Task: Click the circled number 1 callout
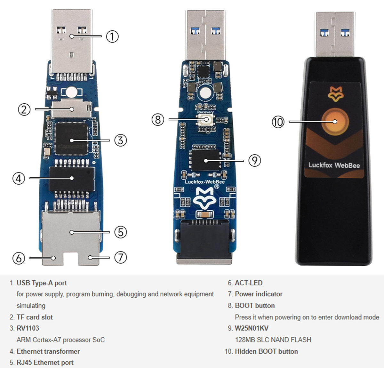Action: point(112,36)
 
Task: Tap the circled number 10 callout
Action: point(278,122)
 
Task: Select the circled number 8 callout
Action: point(157,120)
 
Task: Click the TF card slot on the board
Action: point(71,108)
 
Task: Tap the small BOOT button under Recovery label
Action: point(205,120)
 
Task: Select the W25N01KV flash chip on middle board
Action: point(205,160)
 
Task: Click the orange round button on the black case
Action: point(334,122)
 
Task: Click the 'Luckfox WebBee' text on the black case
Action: point(334,165)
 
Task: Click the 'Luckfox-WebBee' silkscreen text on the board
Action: point(205,182)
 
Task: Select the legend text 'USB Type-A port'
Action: point(42,283)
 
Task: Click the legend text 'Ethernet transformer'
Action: point(48,351)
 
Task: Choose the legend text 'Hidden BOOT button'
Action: point(266,351)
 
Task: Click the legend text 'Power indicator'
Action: point(259,294)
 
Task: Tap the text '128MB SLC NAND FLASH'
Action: point(273,340)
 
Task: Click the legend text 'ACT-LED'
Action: point(249,283)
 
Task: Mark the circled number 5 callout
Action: point(120,232)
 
